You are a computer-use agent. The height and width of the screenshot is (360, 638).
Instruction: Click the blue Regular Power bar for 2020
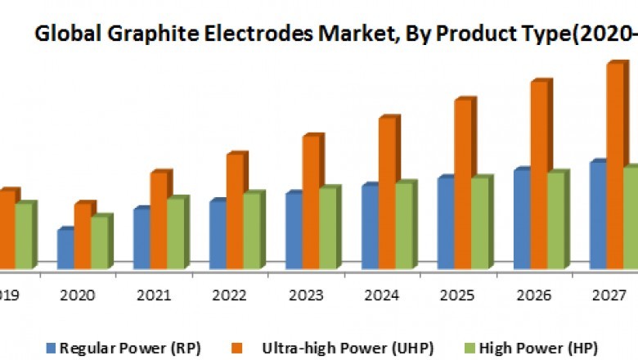coord(66,249)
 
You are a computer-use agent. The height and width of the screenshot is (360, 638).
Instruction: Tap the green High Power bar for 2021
coord(176,233)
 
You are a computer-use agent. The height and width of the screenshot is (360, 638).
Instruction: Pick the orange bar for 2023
coord(312,201)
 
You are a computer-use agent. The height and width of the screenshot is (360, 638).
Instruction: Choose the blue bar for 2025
coord(446,223)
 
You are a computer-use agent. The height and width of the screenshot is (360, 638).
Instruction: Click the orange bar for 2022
coord(236,210)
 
